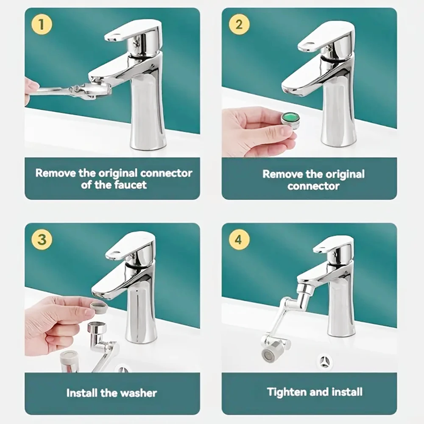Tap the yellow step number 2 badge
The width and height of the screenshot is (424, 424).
[239, 24]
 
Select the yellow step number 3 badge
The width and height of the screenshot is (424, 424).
[41, 239]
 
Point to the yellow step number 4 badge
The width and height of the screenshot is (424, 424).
[239, 240]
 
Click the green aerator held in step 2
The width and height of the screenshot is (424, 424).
[291, 119]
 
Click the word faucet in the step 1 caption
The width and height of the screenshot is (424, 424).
[131, 185]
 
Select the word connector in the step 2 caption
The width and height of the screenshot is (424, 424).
[313, 186]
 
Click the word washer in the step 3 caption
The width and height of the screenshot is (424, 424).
[138, 393]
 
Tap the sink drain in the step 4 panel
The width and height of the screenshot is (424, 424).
[326, 361]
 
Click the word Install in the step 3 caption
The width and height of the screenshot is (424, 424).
[82, 393]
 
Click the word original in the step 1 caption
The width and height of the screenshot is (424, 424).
[117, 173]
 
